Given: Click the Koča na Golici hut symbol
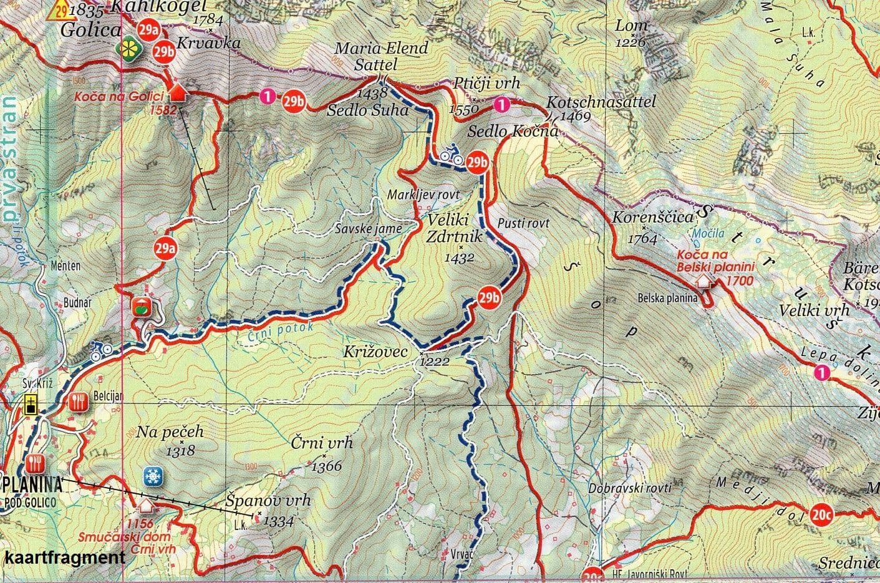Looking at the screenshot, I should click(x=178, y=92).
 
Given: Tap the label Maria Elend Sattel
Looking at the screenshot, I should click(x=382, y=56).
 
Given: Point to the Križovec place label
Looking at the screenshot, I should click(x=375, y=352).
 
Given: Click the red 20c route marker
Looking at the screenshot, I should click(x=822, y=514).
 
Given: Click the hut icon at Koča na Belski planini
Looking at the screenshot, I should click(x=704, y=282).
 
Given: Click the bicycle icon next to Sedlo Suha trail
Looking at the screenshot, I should click(x=448, y=153).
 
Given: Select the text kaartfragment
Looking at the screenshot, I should click(x=64, y=557).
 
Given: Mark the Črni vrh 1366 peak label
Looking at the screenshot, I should click(x=322, y=444).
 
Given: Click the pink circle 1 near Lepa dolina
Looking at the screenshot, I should click(x=823, y=373).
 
